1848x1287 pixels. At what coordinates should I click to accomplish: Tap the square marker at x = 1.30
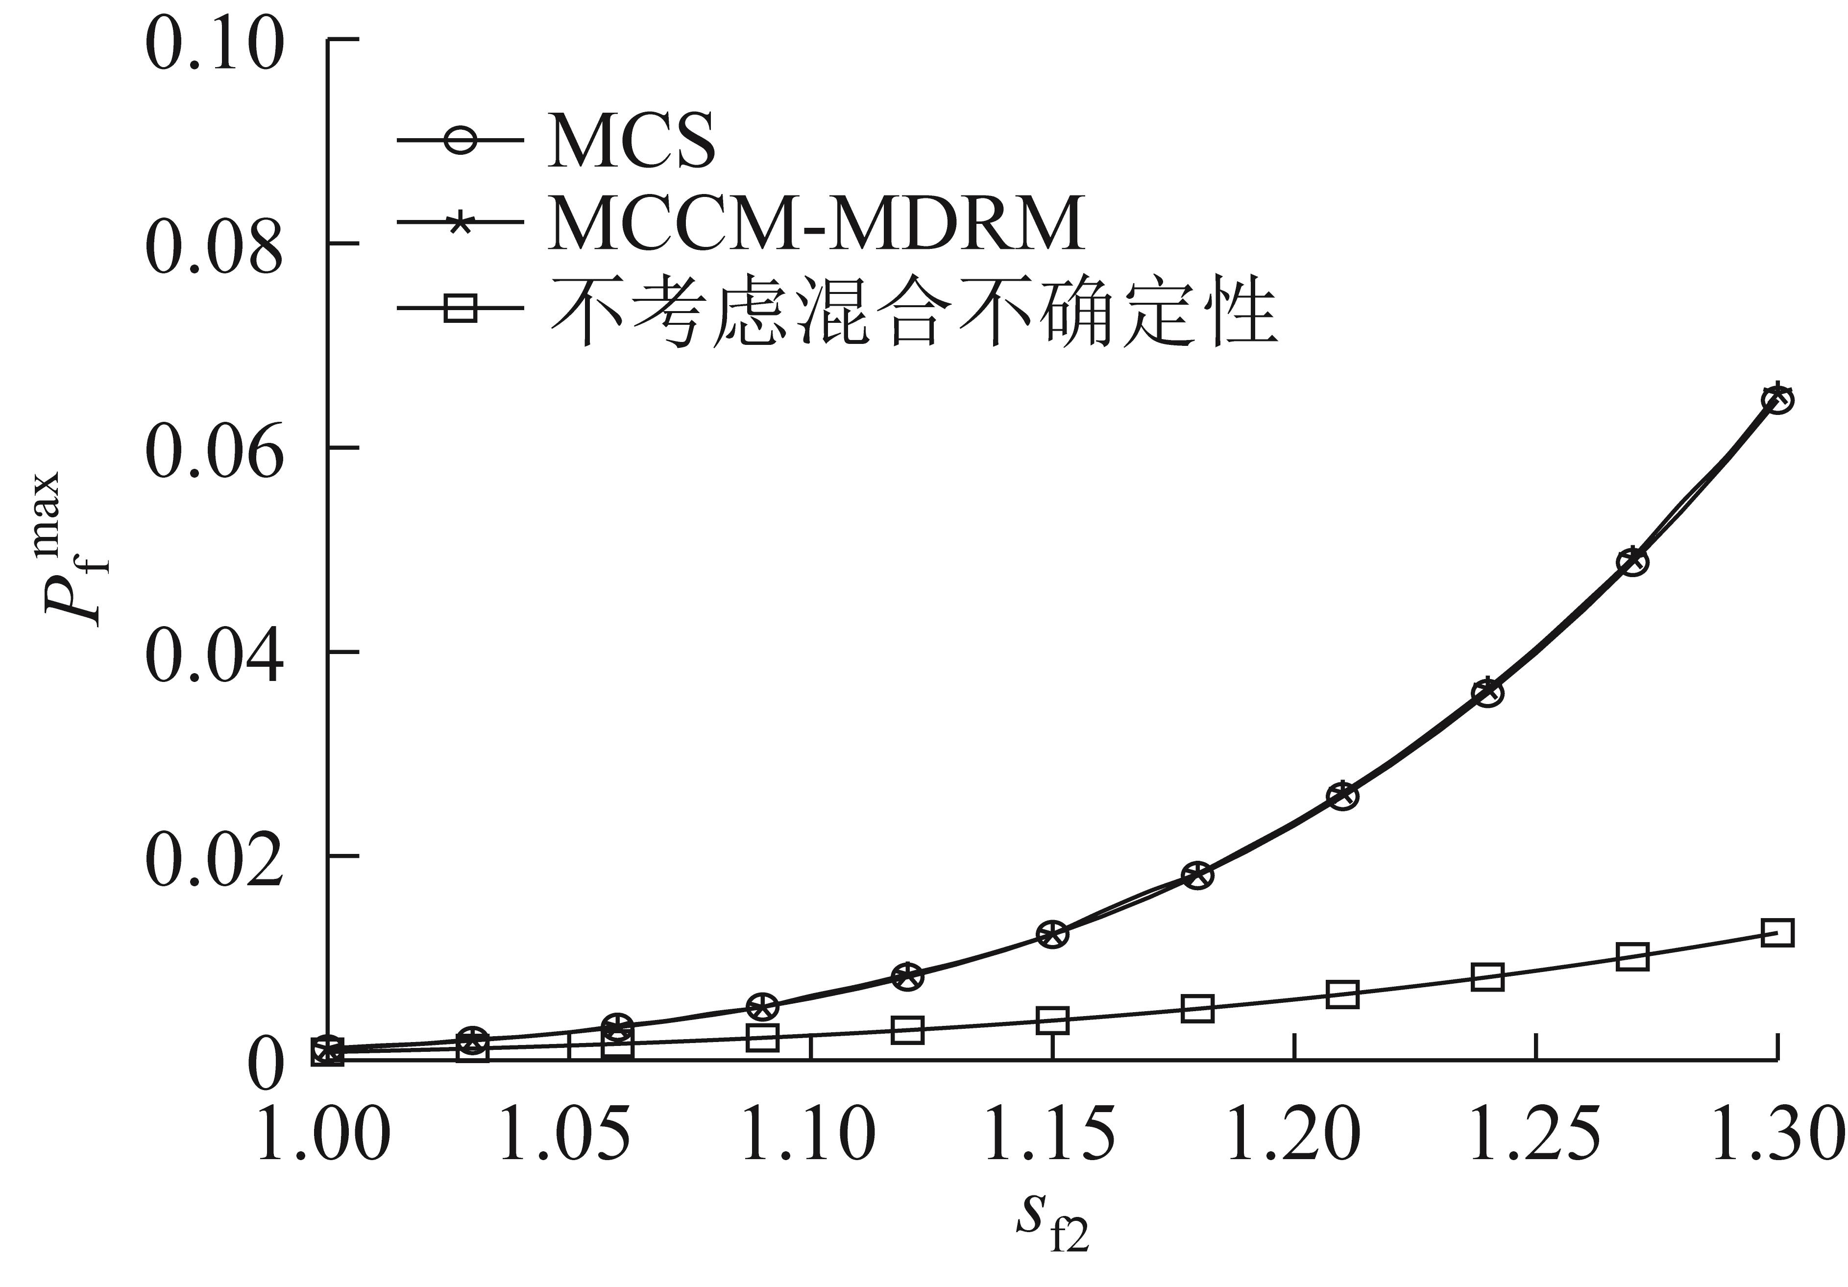coord(1777,933)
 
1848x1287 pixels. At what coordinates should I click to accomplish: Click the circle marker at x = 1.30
coord(1777,399)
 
